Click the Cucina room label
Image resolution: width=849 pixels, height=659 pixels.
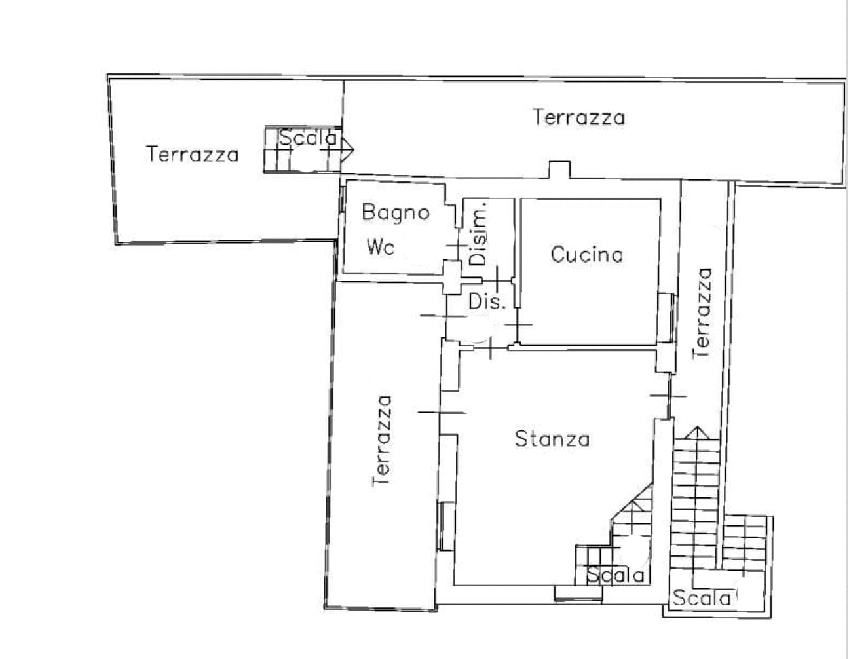tap(586, 254)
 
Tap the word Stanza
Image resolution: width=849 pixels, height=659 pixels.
tap(552, 438)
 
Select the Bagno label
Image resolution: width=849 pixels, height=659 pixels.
tap(396, 212)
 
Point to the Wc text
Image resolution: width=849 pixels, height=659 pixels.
tap(381, 248)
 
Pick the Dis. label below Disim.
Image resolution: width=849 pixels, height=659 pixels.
tap(487, 302)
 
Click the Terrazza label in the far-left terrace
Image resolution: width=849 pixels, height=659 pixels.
tap(192, 155)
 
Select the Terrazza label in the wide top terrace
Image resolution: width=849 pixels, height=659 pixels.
tap(578, 117)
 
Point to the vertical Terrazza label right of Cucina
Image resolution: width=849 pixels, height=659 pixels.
tap(702, 312)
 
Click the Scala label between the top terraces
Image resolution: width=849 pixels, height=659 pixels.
tap(307, 138)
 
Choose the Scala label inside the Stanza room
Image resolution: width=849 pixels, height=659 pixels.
tap(615, 576)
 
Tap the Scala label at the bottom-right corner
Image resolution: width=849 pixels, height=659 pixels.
tap(702, 598)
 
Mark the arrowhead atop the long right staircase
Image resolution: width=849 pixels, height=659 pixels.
tap(697, 432)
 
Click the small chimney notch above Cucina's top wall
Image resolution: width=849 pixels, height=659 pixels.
tap(559, 170)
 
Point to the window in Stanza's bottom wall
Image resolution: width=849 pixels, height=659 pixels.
tap(578, 593)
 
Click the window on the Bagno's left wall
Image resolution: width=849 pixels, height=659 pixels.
tap(343, 200)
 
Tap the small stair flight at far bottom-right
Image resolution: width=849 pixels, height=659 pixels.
tap(746, 544)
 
